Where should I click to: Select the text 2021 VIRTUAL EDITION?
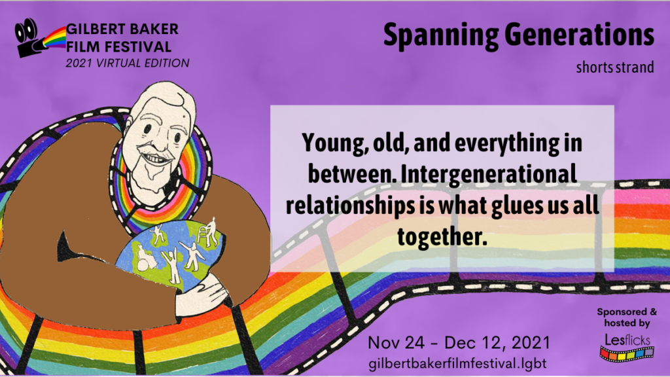(128, 63)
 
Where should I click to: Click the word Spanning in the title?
(440, 36)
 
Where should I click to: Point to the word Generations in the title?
(580, 35)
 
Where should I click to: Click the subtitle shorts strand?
(615, 67)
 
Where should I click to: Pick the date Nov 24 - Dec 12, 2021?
(459, 342)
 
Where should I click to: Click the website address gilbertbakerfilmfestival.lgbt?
(457, 363)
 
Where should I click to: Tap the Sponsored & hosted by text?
(627, 317)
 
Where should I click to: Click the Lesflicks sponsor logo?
(627, 347)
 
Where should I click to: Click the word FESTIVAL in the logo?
(137, 46)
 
